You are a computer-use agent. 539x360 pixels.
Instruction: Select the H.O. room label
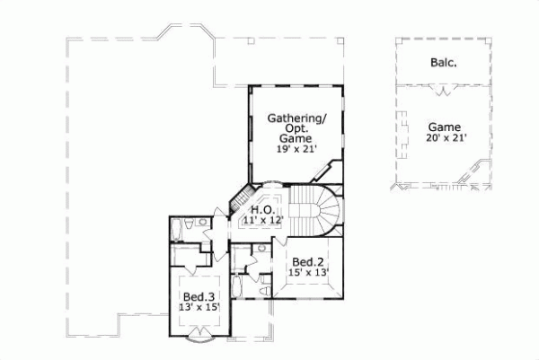261,209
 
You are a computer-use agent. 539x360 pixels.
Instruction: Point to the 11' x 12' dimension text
261,220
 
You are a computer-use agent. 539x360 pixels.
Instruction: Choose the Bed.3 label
198,297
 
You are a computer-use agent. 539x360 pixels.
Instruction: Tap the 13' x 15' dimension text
198,308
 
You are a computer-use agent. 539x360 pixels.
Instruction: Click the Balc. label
437,64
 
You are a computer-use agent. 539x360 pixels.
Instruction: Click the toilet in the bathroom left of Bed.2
260,249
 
